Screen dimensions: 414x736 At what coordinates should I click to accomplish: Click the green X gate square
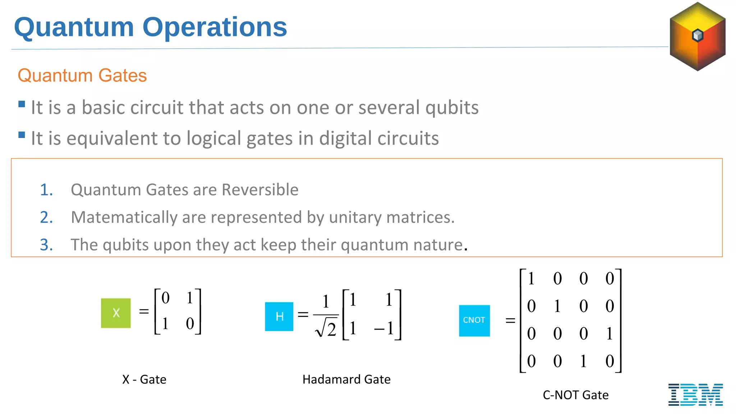[116, 313]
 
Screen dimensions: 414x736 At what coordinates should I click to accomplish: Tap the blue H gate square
[279, 316]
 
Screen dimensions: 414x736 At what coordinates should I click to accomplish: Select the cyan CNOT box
[474, 321]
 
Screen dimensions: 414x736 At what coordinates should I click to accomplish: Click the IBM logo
[695, 395]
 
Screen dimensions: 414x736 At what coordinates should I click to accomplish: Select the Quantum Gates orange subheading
[82, 75]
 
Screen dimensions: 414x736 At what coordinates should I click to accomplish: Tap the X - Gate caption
[144, 379]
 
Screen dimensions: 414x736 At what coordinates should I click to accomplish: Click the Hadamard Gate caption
[346, 379]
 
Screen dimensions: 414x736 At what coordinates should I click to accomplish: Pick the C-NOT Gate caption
[576, 395]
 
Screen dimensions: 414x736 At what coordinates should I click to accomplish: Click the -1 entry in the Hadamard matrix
[385, 328]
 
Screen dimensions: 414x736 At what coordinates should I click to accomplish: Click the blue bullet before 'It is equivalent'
[22, 135]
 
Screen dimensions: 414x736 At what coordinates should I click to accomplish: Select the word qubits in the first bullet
[452, 108]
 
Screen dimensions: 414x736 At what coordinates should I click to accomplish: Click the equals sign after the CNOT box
[510, 320]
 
